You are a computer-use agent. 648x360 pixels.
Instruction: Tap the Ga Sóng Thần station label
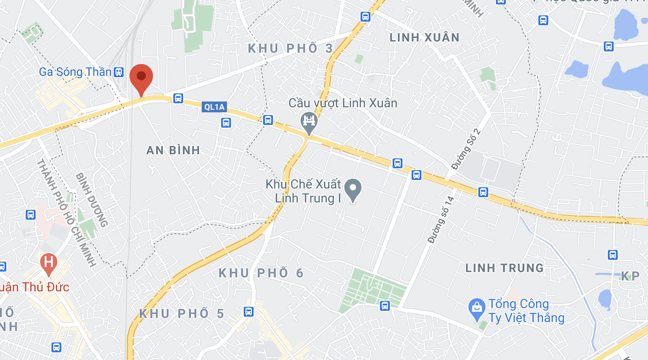pos(75,72)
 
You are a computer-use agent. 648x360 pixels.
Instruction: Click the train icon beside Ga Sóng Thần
pos(119,72)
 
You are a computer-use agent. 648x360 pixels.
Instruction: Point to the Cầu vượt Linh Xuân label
pos(343,103)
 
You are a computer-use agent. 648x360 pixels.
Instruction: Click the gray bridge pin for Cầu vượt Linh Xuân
pos(309,122)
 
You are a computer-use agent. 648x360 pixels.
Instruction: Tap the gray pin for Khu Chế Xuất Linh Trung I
pos(353,189)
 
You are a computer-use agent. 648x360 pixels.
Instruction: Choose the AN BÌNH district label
pos(173,150)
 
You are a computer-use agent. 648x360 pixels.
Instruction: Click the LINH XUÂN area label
pos(424,37)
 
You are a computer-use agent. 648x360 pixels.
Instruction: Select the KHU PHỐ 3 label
pos(291,48)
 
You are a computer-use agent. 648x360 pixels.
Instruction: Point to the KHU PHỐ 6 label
pos(261,273)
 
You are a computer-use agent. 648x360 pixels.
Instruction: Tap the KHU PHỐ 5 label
pos(181,314)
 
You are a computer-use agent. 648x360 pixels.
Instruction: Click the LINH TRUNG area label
pos(505,268)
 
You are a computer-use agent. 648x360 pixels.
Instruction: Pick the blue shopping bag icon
pos(477,308)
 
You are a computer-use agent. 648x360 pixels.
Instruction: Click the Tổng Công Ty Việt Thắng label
pos(526,311)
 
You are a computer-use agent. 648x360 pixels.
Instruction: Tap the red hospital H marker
pos(48,262)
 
